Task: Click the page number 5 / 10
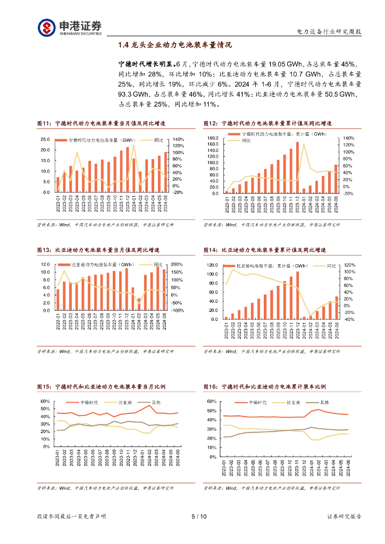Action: click(198, 516)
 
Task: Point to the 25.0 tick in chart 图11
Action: click(46, 139)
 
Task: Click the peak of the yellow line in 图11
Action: click(134, 144)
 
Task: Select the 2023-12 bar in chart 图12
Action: click(297, 167)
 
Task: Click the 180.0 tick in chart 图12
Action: click(212, 138)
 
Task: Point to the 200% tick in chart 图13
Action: click(177, 265)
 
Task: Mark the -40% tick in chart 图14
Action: click(349, 320)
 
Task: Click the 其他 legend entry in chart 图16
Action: click(322, 403)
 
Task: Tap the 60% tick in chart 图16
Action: click(211, 402)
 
